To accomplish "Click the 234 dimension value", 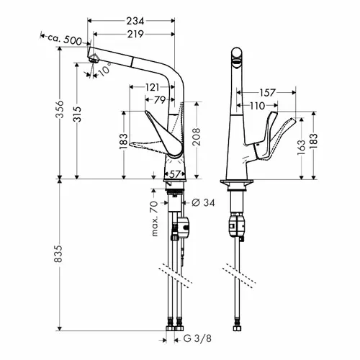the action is point(135,21).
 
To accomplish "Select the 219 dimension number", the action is point(135,35).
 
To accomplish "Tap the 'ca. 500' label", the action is point(65,40).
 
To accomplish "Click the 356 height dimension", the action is point(60,109).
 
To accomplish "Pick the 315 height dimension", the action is point(77,114).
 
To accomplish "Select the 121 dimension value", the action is point(153,87).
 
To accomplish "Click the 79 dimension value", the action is point(160,100).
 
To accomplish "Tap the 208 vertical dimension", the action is point(197,137).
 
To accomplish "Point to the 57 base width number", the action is point(175,174).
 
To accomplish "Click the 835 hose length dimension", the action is point(58,253).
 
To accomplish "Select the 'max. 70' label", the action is point(156,219).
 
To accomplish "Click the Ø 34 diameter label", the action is point(203,203).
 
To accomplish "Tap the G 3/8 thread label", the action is point(197,338).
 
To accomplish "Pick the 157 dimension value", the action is point(268,93).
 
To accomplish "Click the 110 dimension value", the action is point(257,106).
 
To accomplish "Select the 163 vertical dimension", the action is point(302,148).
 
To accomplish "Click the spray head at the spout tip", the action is point(94,58).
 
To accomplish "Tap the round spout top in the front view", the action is point(237,54).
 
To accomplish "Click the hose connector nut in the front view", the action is point(237,328).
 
